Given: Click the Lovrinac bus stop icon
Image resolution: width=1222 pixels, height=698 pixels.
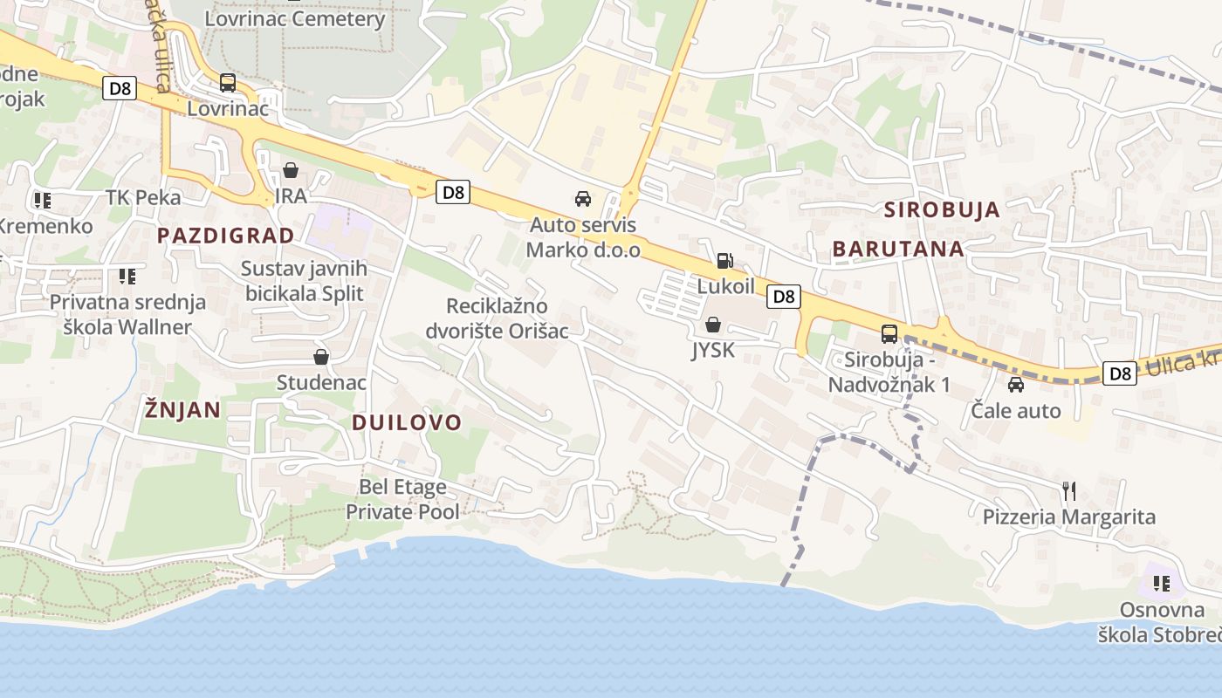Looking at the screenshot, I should pos(228,83).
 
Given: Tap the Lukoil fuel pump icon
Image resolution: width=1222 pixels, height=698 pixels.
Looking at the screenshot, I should pos(724,260).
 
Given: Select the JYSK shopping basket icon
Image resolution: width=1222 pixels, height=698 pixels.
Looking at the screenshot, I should pos(713,325).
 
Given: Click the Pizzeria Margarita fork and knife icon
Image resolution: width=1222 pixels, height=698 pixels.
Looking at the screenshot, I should pos(1069,491).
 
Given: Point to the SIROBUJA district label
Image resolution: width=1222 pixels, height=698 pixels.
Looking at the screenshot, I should pos(942,209).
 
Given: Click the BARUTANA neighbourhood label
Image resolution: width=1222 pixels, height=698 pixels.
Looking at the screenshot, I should pos(898,249).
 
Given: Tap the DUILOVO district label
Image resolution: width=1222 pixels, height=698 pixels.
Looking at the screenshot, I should pos(407,422).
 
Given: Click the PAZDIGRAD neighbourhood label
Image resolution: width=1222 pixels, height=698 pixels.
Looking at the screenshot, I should pos(225,235).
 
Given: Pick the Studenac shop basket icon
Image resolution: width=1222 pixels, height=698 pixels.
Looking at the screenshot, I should pos(321,357).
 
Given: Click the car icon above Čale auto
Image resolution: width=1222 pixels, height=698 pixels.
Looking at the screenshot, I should pos(1016,385).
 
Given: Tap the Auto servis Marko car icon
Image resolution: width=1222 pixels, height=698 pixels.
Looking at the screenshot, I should pos(583,199).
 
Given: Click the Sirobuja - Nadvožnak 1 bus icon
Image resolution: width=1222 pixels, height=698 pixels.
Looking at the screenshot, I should pos(889,333).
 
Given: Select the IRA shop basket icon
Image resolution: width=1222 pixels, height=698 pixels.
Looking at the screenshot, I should pos(291,170).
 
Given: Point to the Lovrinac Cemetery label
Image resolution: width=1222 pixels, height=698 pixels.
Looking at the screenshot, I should pos(295,18).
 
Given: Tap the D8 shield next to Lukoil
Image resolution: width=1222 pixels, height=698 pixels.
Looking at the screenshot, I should pos(784,297).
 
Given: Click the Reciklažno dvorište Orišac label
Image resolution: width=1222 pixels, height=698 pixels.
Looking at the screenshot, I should pos(497,318).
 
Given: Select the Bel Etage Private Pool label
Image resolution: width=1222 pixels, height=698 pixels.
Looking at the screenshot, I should pos(402,499).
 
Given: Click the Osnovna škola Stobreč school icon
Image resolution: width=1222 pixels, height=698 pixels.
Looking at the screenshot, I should pos(1161,583).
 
